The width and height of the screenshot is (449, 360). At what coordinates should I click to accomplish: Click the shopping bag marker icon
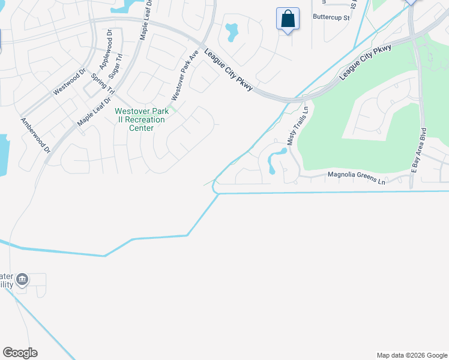(x=288, y=19)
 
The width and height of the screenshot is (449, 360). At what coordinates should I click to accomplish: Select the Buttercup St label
(x=331, y=17)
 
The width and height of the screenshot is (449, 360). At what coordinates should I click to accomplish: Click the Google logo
(x=20, y=352)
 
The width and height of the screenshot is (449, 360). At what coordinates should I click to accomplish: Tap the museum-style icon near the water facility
(x=22, y=279)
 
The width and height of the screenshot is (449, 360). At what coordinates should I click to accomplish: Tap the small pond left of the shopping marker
(x=231, y=32)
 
